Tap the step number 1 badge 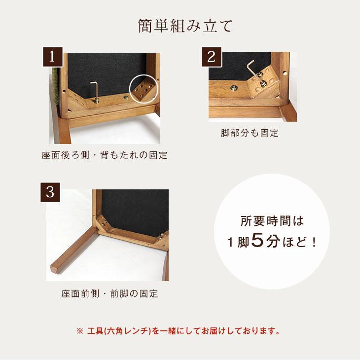click(x=51, y=56)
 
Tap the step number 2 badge click(x=211, y=56)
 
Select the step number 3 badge click(x=50, y=192)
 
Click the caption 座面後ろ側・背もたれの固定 click(x=105, y=155)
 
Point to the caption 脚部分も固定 click(x=250, y=133)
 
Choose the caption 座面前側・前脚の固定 click(x=109, y=294)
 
